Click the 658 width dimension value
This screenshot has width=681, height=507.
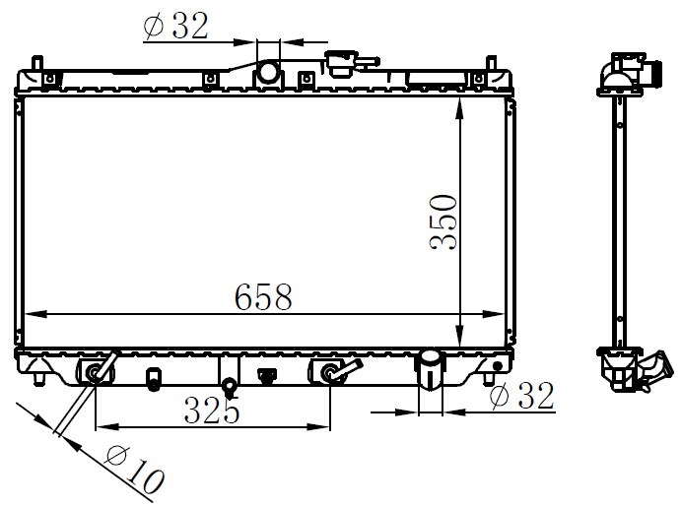(263, 297)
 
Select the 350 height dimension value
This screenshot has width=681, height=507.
(443, 222)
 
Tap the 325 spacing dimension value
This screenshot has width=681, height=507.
(212, 410)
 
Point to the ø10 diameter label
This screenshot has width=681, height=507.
(135, 471)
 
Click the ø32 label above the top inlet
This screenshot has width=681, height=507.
(175, 26)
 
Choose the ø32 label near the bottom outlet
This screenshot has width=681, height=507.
(521, 395)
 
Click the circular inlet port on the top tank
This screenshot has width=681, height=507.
(268, 72)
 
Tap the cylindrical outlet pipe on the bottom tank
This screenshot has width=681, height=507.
(430, 370)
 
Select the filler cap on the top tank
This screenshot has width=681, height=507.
(343, 65)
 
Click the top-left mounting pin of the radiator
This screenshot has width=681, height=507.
(37, 63)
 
